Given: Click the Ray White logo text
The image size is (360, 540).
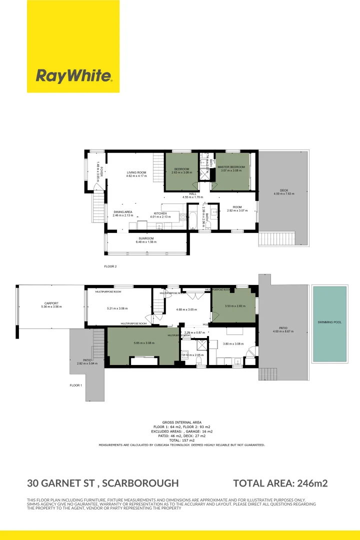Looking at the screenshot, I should tap(73, 76).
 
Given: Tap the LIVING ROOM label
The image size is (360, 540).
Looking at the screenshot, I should tap(136, 172).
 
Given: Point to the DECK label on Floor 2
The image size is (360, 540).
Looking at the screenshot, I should tap(283, 190).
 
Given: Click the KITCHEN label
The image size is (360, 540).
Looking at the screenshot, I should tap(160, 213).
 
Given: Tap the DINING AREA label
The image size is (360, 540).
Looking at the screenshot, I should tap(122, 212).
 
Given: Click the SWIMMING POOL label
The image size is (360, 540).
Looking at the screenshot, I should tap(329, 322).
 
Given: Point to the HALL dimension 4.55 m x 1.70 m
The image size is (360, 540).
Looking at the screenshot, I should tap(192, 197).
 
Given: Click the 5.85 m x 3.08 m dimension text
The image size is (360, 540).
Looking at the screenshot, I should tap(144, 343).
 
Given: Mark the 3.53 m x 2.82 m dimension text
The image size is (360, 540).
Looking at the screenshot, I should tap(234, 306).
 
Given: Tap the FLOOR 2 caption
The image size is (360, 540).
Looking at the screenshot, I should tap(110, 266).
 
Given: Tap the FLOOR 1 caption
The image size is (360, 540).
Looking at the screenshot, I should tap(76, 385).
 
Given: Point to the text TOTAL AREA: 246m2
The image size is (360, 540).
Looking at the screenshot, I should tap(280, 483).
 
